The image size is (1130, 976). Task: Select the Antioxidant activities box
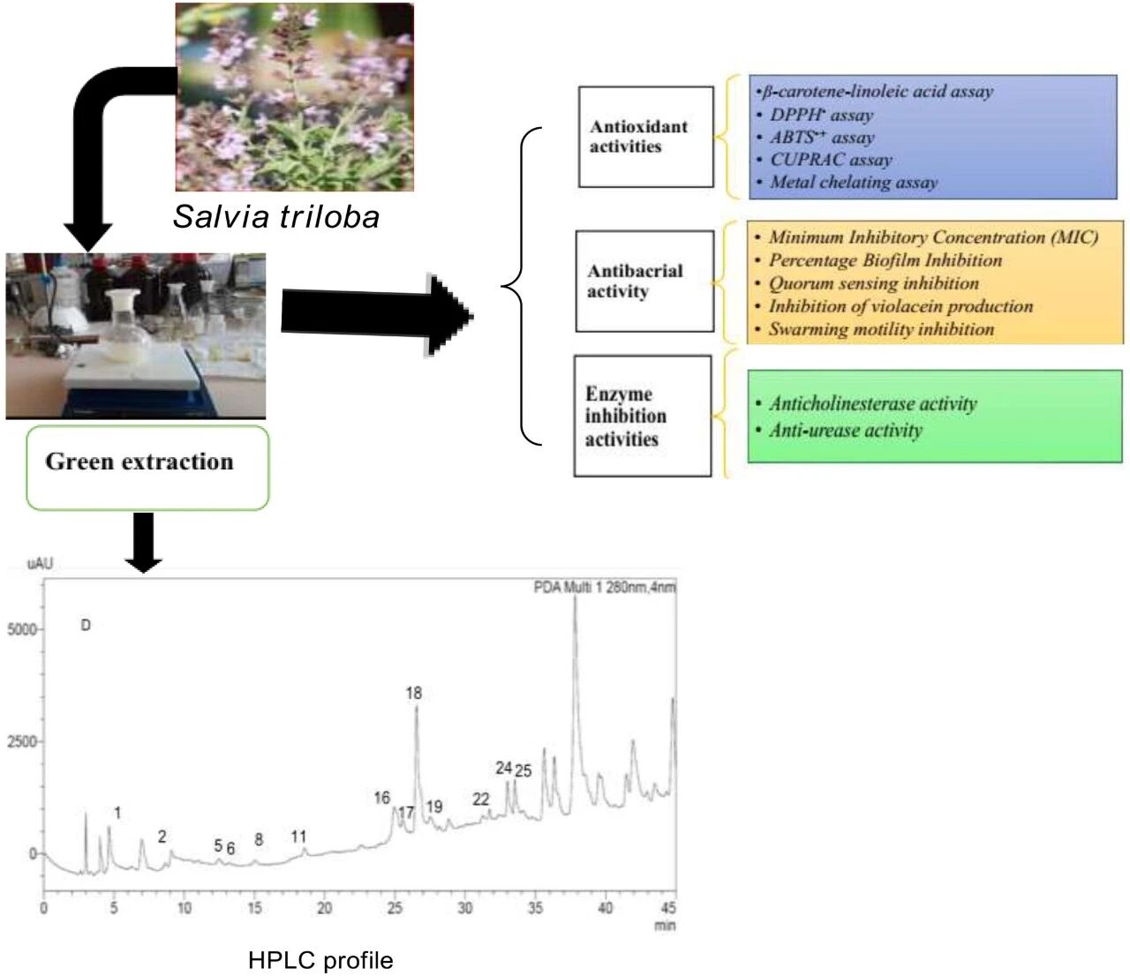tap(645, 137)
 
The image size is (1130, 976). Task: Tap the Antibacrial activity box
tap(644, 282)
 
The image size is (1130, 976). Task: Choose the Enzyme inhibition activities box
tap(642, 417)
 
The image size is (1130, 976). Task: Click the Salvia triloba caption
tap(276, 217)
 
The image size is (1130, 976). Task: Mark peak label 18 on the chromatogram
tap(413, 694)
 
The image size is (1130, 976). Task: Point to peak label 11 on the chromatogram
tap(298, 837)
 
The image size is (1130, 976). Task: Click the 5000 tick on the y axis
tap(22, 630)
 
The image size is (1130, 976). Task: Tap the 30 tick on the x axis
tap(464, 908)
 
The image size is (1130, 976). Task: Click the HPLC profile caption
tap(320, 960)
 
